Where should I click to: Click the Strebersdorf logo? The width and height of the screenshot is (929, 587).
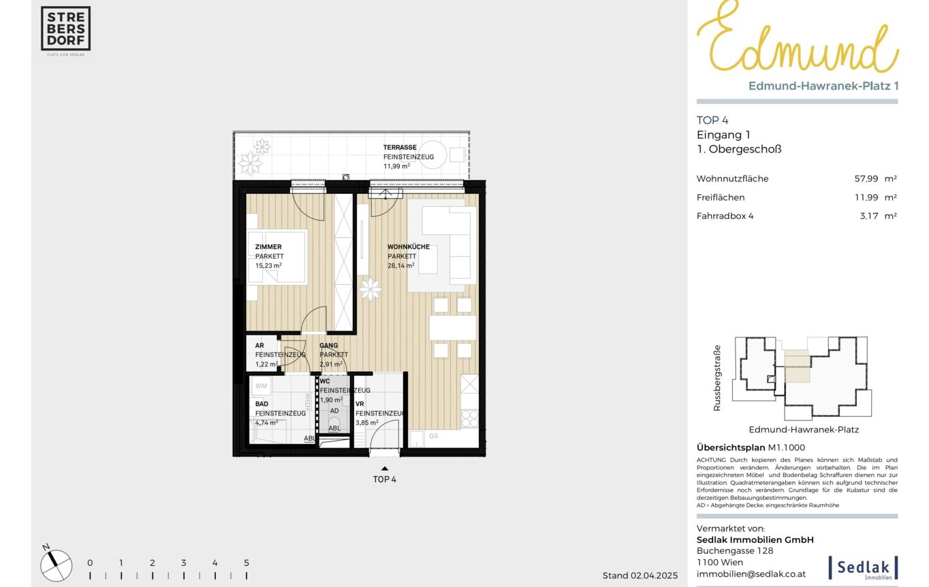pos(65,29)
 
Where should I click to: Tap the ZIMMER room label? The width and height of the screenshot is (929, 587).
pos(268,247)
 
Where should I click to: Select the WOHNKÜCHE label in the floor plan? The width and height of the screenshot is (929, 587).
pos(409,247)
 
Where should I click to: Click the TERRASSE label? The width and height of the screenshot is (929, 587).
pos(400,148)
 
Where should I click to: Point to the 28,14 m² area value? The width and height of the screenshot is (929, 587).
pos(400,265)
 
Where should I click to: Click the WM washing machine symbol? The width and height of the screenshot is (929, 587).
pos(261,386)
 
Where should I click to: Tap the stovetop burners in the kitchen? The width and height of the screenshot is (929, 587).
pos(469,418)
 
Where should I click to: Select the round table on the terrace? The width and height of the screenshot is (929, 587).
pos(432,154)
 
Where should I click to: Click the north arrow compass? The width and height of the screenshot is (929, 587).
pos(56,565)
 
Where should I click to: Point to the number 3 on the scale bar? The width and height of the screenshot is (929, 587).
pos(183,563)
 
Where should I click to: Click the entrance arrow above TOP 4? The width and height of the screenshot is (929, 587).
pos(384,469)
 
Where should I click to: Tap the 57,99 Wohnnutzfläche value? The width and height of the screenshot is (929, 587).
pos(866,178)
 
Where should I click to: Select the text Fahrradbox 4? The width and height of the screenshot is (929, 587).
pos(725,216)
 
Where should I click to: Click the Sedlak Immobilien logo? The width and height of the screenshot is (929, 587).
pos(863,567)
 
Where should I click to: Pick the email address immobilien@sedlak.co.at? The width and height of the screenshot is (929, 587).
pos(751,574)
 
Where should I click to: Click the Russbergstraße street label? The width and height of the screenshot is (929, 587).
pos(717,378)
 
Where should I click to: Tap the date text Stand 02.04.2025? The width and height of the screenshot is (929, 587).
pos(640,575)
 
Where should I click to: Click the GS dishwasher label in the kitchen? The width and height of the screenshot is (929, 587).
pos(433,436)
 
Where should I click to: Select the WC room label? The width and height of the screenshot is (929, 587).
pos(325,381)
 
